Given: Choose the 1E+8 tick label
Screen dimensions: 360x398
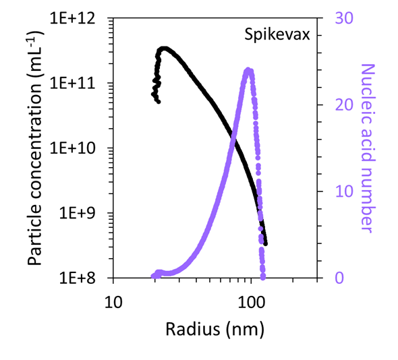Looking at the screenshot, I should click(x=86, y=278).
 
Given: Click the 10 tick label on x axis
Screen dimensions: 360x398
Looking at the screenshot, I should click(x=113, y=297).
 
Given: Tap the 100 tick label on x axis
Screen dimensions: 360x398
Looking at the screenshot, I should click(x=251, y=297).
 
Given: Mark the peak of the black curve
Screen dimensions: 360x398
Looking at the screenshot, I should click(x=163, y=49).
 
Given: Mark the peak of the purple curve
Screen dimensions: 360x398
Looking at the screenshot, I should click(x=248, y=70).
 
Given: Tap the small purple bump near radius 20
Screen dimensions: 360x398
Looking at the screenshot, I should click(x=159, y=272).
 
